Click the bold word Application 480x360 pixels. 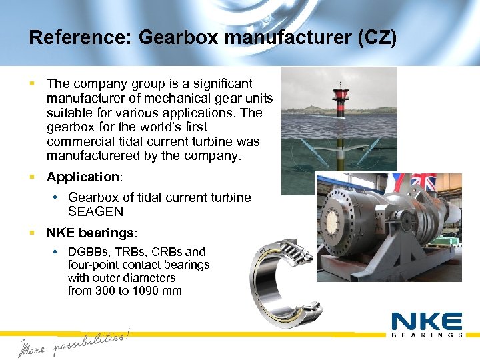pyautogui.click(x=83, y=177)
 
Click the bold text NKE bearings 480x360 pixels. pyautogui.click(x=91, y=233)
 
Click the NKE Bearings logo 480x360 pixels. pyautogui.click(x=427, y=325)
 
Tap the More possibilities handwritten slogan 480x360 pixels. pyautogui.click(x=73, y=342)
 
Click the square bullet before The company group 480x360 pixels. pyautogui.click(x=31, y=84)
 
